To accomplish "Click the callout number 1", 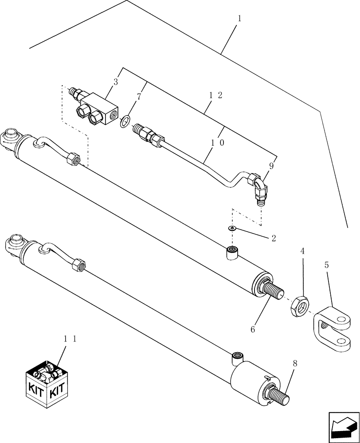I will coord(240,19).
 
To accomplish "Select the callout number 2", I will coord(274,238).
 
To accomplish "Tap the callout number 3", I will coord(116,82).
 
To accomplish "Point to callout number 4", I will coord(303,251).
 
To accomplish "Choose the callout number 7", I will coord(139,97).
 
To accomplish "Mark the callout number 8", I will coord(295,363).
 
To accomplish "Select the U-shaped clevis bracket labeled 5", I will coord(333,330).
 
